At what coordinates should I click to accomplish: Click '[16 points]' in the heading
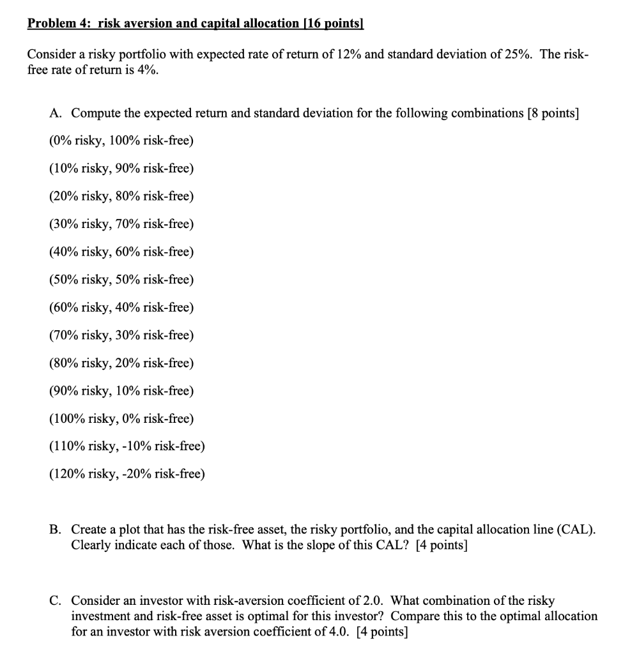(x=332, y=24)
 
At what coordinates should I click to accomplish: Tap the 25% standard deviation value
(x=523, y=54)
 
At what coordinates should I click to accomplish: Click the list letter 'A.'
(x=56, y=113)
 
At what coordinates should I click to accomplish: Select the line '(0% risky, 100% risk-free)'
(x=121, y=141)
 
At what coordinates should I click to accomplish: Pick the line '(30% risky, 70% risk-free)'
(x=121, y=224)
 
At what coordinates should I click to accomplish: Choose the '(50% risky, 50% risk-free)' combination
(x=121, y=280)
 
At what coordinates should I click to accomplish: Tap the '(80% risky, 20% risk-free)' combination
(x=121, y=363)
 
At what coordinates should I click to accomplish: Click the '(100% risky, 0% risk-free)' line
(x=121, y=418)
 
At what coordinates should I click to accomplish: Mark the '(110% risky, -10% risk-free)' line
(x=127, y=446)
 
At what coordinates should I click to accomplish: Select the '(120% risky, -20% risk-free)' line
(x=127, y=474)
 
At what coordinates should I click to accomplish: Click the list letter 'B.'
(x=56, y=529)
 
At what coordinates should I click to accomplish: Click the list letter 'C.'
(x=56, y=601)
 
